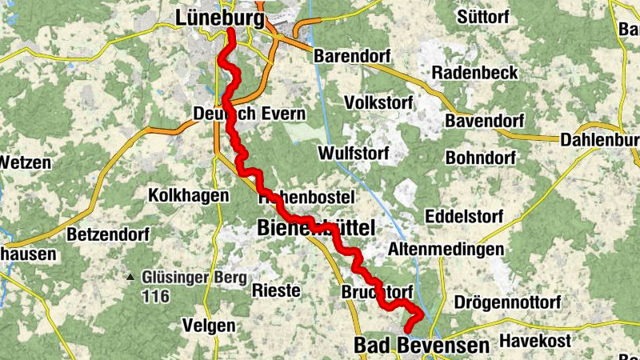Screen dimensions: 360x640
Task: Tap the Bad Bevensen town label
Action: [421, 346]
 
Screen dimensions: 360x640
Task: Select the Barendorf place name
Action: [351, 57]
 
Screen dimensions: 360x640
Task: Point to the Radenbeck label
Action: [475, 73]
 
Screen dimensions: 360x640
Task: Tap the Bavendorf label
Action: [484, 122]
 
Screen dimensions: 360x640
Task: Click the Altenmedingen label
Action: [446, 250]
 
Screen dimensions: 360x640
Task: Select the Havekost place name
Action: [535, 341]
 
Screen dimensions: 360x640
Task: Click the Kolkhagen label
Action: [183, 195]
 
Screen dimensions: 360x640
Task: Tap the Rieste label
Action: [276, 290]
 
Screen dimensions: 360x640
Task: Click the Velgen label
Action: [209, 326]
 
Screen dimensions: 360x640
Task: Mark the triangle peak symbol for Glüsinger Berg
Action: [130, 278]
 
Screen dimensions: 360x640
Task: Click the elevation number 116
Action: [155, 297]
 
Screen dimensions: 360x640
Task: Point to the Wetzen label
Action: [26, 162]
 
